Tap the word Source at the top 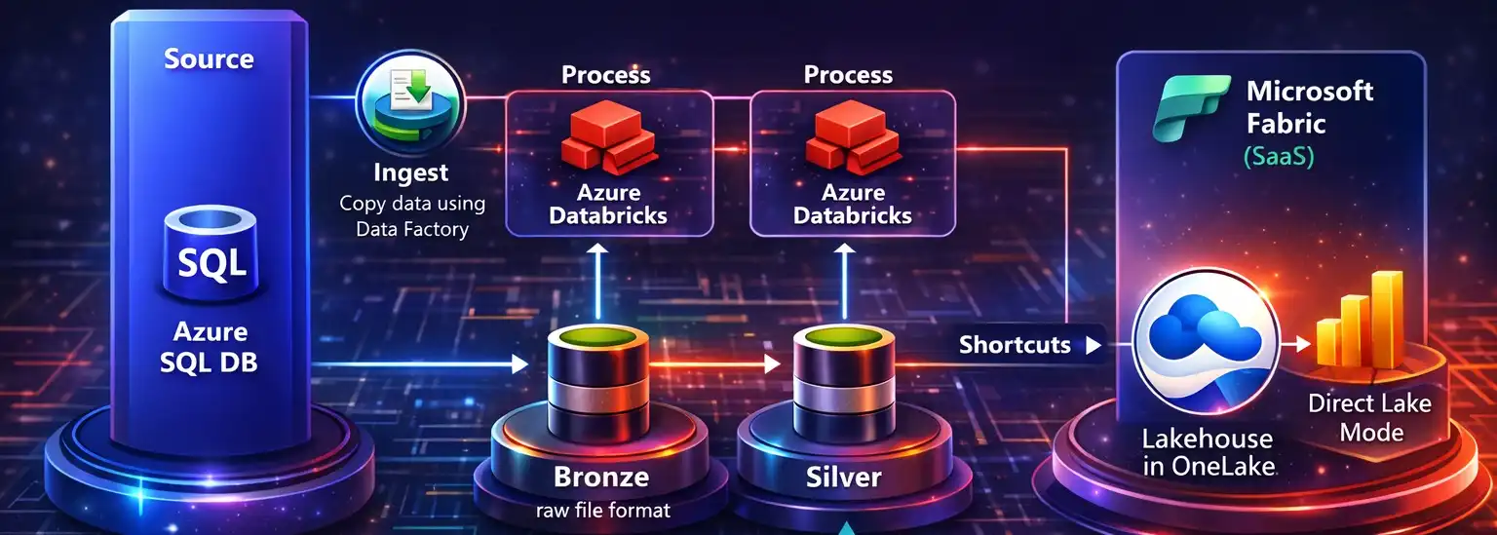209,59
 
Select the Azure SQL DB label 211,347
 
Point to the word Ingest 410,173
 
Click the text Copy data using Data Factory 411,216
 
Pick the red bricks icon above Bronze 606,142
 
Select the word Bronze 600,478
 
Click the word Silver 843,478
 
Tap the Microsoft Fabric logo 1189,107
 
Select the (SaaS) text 1278,156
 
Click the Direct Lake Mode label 1369,417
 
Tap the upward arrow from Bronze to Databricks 599,275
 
